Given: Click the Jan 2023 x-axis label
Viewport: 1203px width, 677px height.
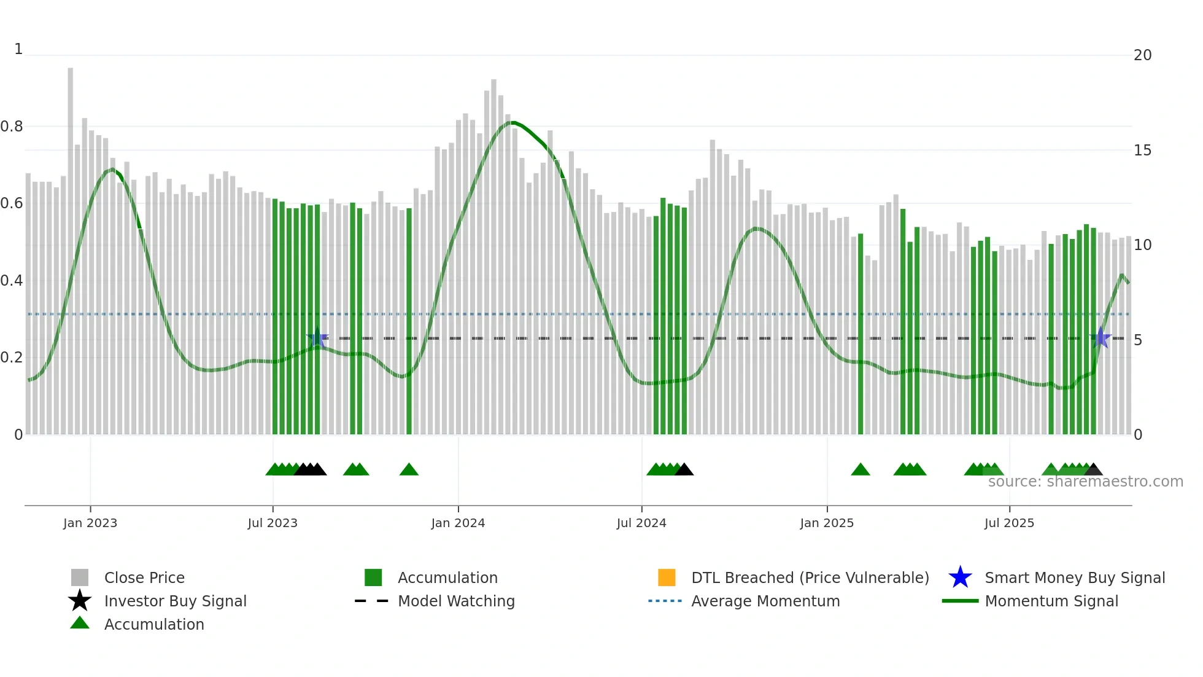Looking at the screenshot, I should [90, 523].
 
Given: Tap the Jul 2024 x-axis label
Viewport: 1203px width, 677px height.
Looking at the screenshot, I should [641, 523].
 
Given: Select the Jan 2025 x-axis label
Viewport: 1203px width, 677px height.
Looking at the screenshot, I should [827, 523].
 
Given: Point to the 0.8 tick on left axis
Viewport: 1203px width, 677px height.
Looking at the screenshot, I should [12, 127].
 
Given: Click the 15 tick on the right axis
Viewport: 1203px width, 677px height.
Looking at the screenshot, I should [1142, 151].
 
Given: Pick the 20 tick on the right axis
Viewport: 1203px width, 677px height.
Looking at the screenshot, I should [1142, 55].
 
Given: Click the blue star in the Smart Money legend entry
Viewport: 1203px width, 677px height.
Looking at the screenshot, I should [960, 577].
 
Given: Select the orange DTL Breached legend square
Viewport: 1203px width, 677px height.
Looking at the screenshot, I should [667, 577].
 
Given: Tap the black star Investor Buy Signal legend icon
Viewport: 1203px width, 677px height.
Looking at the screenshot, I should [80, 601].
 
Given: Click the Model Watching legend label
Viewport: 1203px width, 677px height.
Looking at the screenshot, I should [456, 601].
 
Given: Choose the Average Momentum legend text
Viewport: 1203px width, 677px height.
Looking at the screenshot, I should [765, 601].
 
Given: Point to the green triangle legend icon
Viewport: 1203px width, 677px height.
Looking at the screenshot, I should [80, 623].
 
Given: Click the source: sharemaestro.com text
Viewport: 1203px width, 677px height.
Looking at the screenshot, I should [1085, 482].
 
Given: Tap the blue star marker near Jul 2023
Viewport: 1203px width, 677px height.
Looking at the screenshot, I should [317, 338].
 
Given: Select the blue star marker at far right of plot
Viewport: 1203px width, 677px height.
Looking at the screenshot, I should [1100, 338].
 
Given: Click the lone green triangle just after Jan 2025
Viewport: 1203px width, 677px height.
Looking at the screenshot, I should [861, 470].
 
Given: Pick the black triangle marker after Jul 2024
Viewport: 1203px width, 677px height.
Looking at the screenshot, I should [684, 470].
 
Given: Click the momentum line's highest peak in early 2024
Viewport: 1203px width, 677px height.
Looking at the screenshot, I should [513, 123].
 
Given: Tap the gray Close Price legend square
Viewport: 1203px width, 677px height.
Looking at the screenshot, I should [80, 577].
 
